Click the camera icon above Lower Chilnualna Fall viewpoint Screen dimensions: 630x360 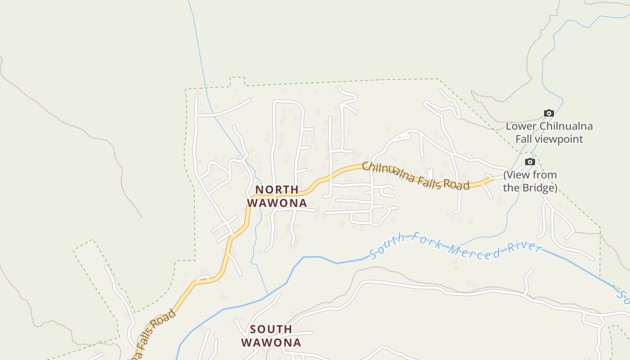point(549,113)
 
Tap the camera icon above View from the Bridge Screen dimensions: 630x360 point(530,162)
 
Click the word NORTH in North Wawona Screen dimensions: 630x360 point(277,189)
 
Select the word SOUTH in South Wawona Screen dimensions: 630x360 point(271,329)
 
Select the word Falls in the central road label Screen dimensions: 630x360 point(429,181)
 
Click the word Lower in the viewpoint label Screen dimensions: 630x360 point(521,126)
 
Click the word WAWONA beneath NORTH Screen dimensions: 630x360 point(277,203)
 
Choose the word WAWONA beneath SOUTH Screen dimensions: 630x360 point(271,343)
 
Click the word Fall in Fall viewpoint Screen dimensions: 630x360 point(524,139)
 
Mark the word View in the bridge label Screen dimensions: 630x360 point(518,175)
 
